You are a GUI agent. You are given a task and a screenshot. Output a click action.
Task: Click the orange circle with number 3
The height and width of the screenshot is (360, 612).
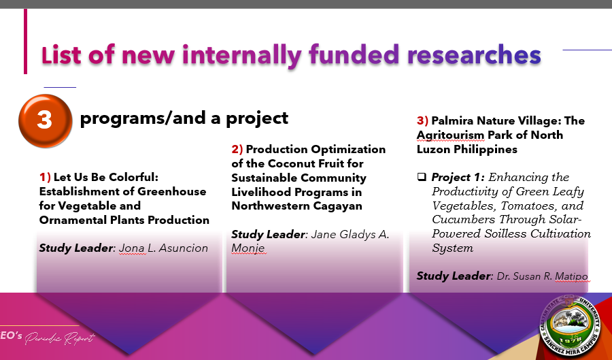pos(46,120)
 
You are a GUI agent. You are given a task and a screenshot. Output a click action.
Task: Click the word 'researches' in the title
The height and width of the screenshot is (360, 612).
pos(474,54)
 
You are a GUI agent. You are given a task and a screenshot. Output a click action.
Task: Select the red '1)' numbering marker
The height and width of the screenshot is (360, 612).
pos(45,177)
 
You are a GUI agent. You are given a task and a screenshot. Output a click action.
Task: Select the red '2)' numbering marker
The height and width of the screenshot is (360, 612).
pos(237,149)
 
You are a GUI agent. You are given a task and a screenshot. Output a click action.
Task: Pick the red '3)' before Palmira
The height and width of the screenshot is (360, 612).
pos(422,120)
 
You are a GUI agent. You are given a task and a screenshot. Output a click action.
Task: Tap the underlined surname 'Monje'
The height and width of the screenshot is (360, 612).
pos(248,248)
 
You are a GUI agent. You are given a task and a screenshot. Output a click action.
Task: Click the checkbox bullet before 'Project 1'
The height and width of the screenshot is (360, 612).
pos(422,177)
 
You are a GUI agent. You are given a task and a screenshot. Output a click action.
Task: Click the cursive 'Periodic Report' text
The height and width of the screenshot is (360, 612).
pos(60,338)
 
